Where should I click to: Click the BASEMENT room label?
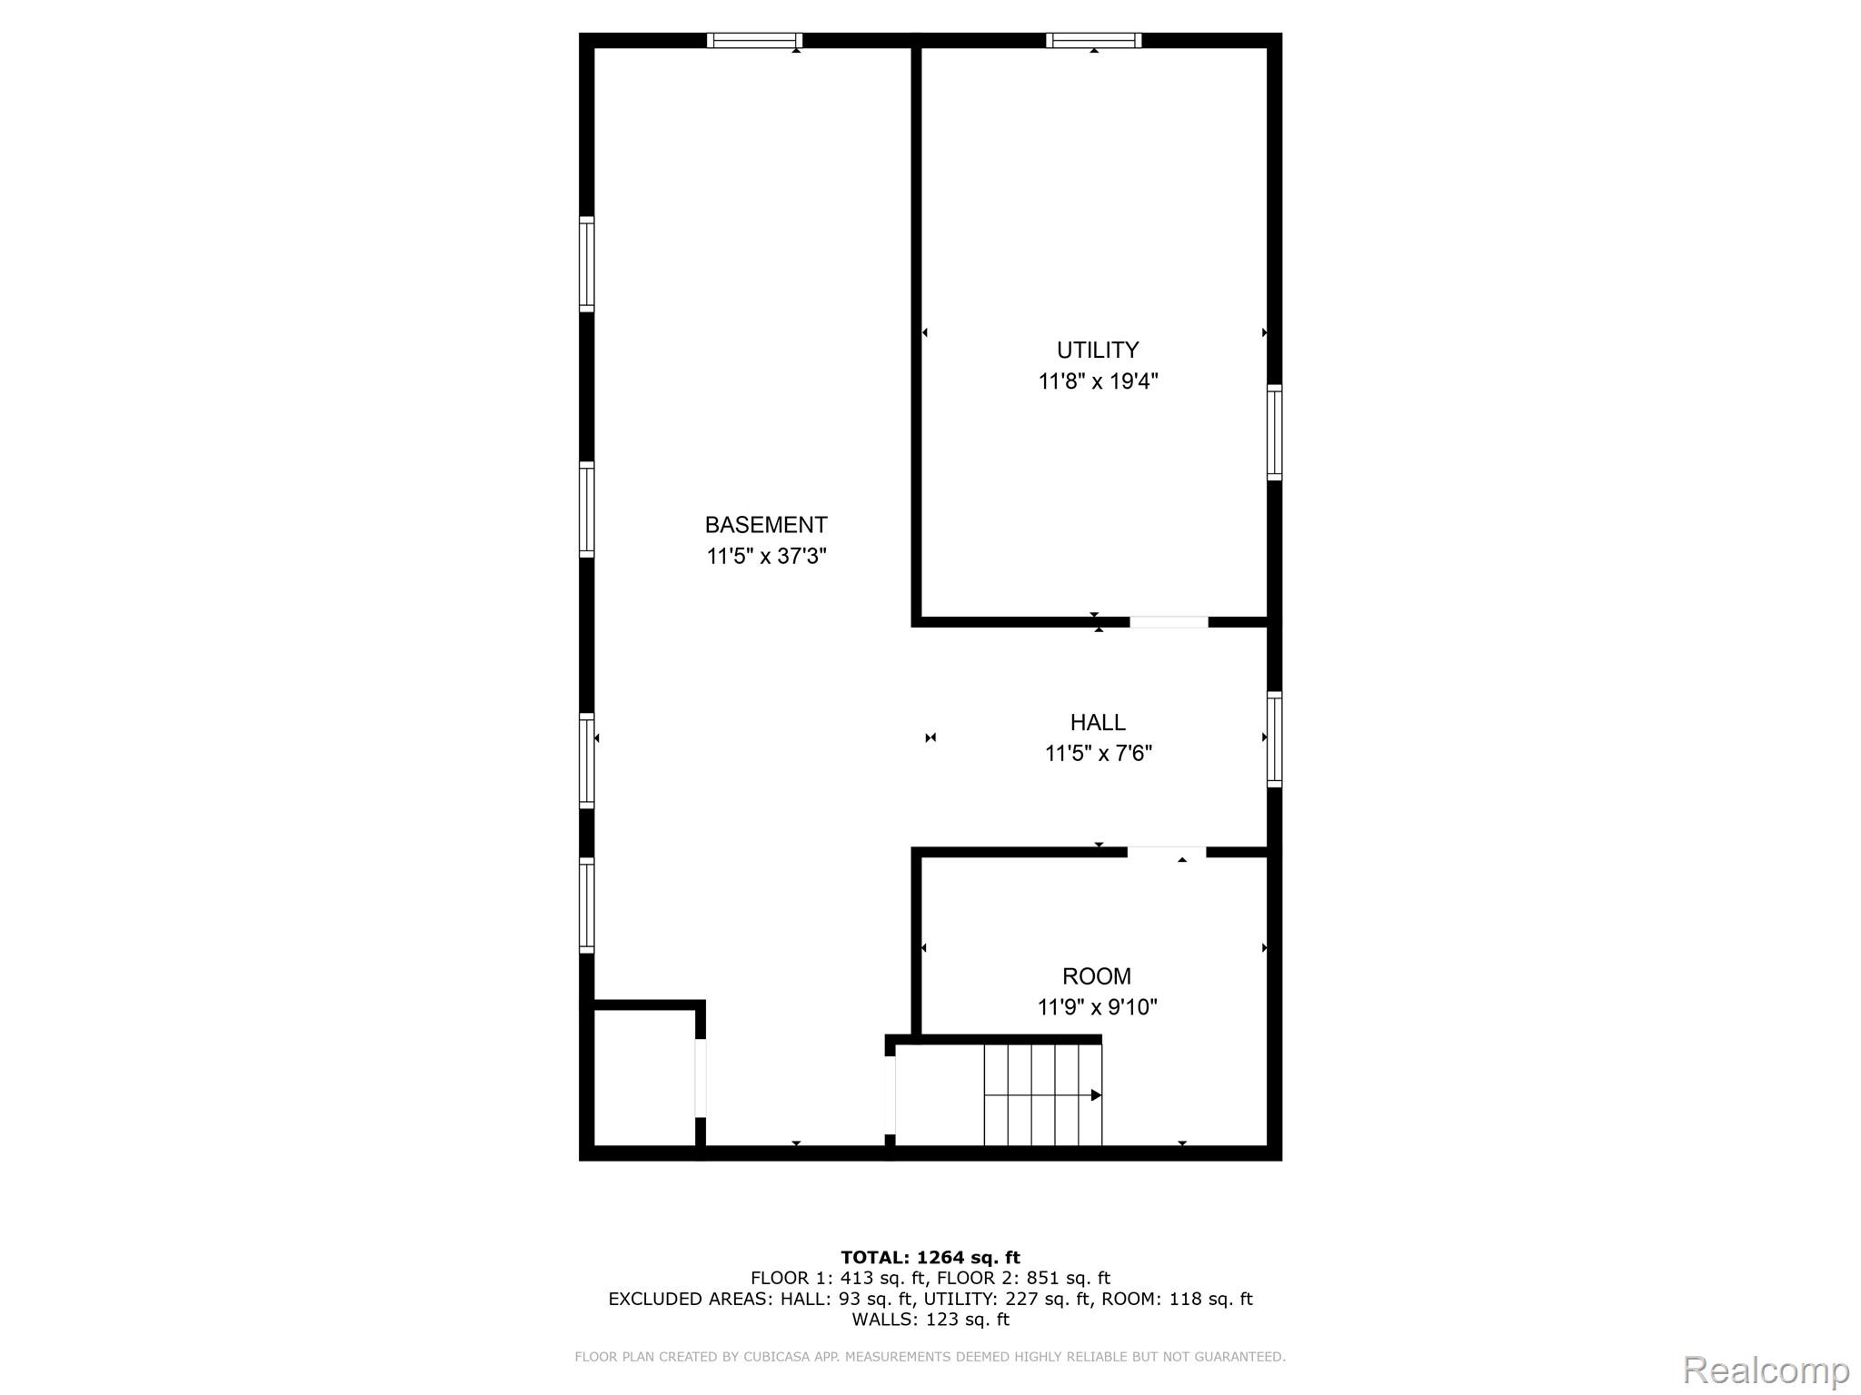(x=765, y=525)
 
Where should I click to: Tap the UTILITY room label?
(x=1097, y=350)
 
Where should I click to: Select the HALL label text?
(x=1097, y=722)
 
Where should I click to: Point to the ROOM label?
(x=1096, y=976)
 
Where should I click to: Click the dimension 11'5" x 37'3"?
(x=766, y=556)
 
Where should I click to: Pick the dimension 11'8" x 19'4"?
(x=1098, y=381)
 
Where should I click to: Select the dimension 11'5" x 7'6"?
(x=1098, y=753)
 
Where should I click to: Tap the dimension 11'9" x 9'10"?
(x=1097, y=1007)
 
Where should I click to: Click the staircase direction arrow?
(x=1095, y=1095)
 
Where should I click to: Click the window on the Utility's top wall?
(x=1093, y=40)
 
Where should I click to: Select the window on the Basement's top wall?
(x=754, y=40)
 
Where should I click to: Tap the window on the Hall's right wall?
(x=1274, y=739)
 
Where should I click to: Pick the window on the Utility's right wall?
(x=1274, y=432)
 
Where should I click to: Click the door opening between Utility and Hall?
(x=1169, y=622)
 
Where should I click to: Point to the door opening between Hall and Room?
(x=1167, y=852)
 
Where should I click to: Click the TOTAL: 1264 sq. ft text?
(x=930, y=1257)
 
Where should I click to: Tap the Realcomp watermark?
(x=1766, y=1370)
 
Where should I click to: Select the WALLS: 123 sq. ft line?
(x=930, y=1319)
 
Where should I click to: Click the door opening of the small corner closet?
(x=701, y=1078)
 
